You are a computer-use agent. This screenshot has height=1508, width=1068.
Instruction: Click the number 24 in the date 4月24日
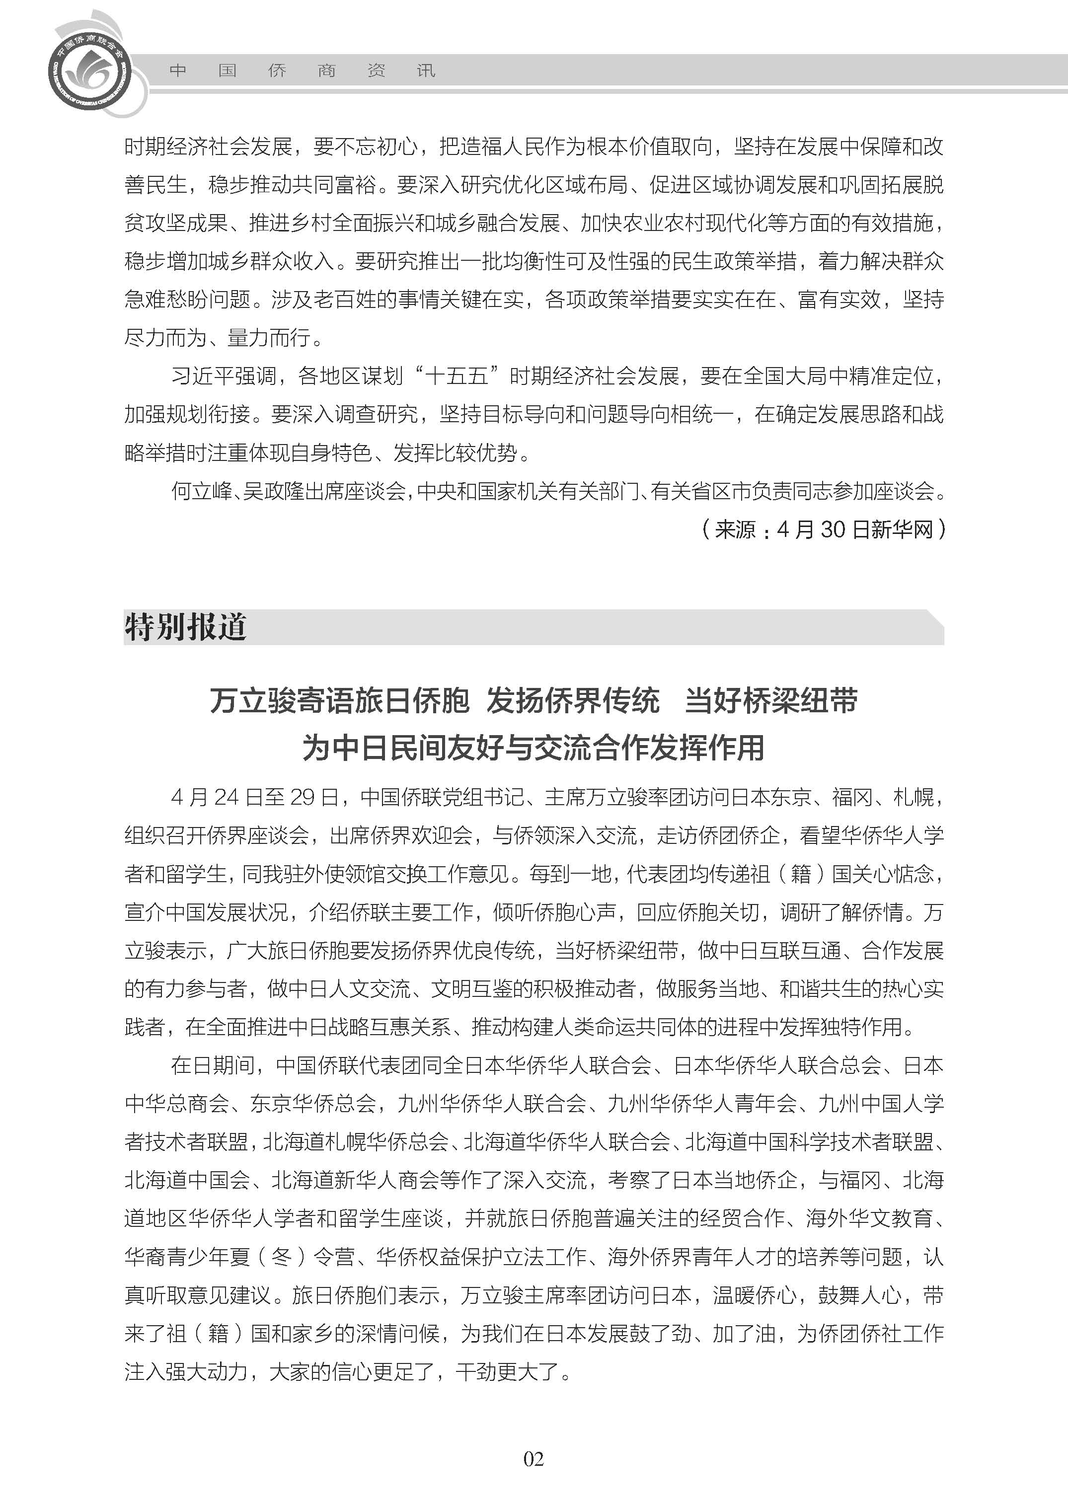(x=226, y=797)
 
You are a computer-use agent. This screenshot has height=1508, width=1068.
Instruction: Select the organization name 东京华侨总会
(x=312, y=1103)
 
